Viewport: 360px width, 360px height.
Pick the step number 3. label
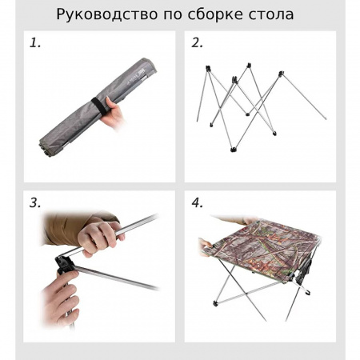(x=35, y=202)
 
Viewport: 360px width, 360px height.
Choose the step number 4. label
(x=198, y=202)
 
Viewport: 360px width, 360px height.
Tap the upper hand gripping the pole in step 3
(x=100, y=235)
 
